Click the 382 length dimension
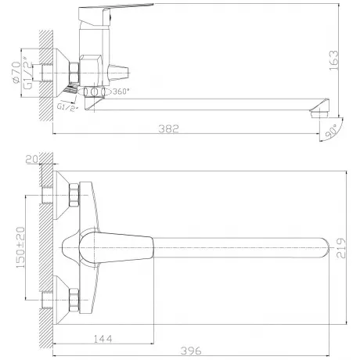coord(168,128)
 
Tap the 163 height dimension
coord(333,60)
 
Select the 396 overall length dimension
coord(191,351)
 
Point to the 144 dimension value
coord(103,339)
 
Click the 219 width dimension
coord(340,248)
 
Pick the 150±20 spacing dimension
coord(21,247)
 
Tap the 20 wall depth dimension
coord(32,159)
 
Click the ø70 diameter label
coord(16,73)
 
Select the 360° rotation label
coord(121,92)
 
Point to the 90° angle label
coord(332,132)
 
